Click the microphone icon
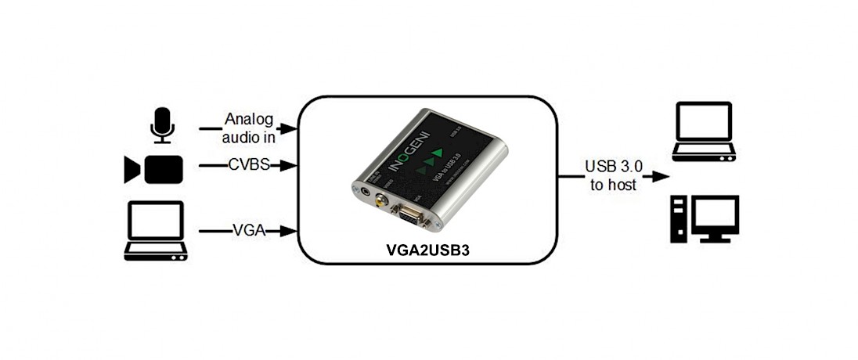[162, 125]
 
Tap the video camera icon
[153, 169]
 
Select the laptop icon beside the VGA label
[155, 231]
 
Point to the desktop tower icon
[680, 218]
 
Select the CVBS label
[249, 165]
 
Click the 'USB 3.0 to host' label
[613, 175]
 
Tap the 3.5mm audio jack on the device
[365, 188]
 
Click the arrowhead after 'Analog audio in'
[292, 127]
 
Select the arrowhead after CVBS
[292, 165]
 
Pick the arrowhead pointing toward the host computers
[650, 175]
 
